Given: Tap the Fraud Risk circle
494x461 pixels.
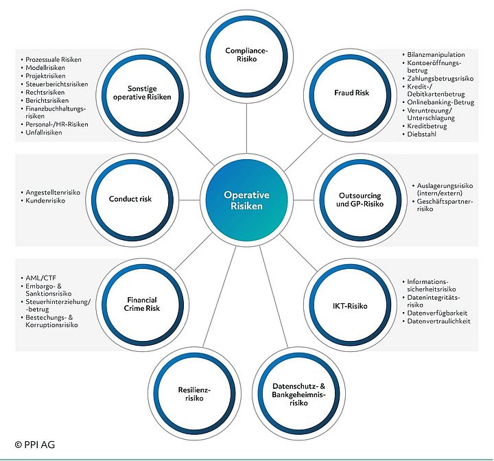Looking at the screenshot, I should click(x=352, y=93).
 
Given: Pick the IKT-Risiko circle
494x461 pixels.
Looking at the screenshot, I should click(x=352, y=305).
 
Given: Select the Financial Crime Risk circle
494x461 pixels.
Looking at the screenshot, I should click(x=141, y=305).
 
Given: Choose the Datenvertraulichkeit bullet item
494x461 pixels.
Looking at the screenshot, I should click(x=438, y=322).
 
